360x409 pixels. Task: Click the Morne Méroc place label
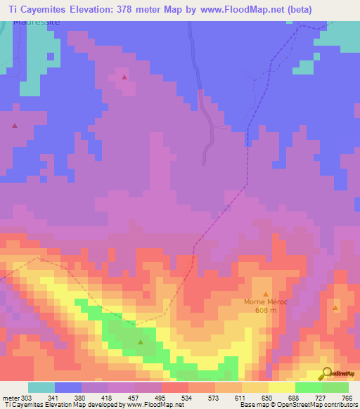coord(265,302)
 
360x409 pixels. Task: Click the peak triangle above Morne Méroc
coord(266,294)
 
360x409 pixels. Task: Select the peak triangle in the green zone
coord(140,343)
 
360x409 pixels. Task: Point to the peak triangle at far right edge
coord(335,308)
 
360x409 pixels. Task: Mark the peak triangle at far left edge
coord(15,126)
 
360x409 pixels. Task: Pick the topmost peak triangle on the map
coord(124,77)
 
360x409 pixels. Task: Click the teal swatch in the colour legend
coord(41,387)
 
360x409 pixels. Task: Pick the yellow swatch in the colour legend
coord(282,387)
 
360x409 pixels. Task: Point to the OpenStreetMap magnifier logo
coord(326,373)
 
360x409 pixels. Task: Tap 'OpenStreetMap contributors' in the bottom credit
coord(314,405)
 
